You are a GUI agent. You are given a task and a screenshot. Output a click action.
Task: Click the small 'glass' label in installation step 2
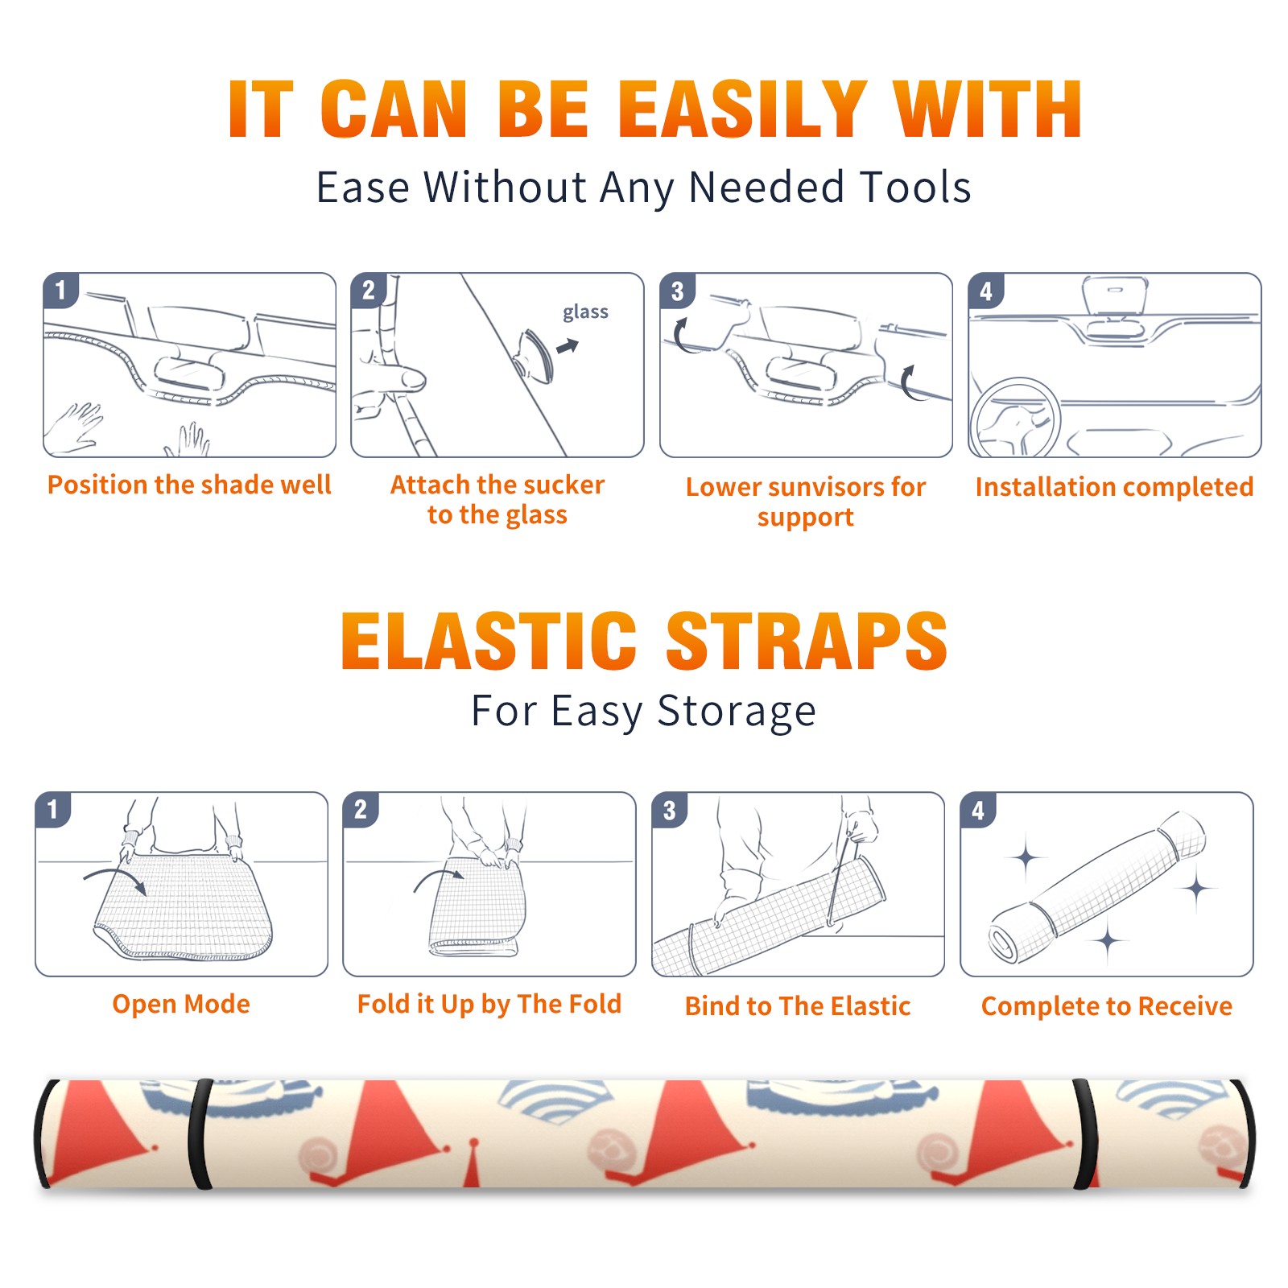pyautogui.click(x=585, y=312)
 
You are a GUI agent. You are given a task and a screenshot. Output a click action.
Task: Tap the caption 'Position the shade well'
pyautogui.click(x=189, y=485)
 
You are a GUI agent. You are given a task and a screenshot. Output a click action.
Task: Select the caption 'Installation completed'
pyautogui.click(x=1114, y=487)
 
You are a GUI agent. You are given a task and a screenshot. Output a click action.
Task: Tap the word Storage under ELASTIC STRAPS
pyautogui.click(x=737, y=712)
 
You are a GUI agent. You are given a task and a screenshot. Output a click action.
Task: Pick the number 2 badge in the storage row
pyautogui.click(x=361, y=809)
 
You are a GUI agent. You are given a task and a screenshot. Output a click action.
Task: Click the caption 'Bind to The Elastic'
pyautogui.click(x=797, y=1006)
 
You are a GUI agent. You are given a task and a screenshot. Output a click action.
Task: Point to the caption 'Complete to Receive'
pyautogui.click(x=1106, y=1006)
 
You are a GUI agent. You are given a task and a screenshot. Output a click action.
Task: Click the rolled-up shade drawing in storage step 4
pyautogui.click(x=1097, y=888)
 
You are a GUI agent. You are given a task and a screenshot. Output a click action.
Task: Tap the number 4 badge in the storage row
pyautogui.click(x=978, y=809)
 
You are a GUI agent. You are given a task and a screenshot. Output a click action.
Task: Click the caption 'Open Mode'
pyautogui.click(x=181, y=1004)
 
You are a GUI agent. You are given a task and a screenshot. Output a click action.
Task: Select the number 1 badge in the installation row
pyautogui.click(x=60, y=290)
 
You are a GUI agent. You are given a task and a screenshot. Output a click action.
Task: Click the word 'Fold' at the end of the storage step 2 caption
pyautogui.click(x=595, y=1004)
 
